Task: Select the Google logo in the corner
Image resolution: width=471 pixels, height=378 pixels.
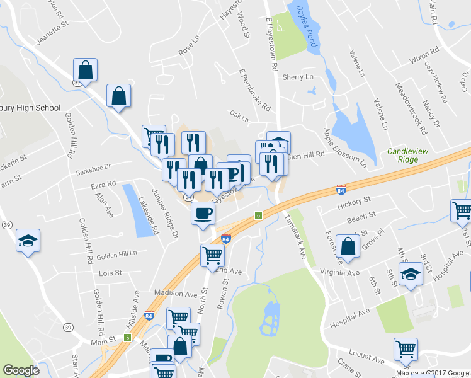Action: [x=21, y=370]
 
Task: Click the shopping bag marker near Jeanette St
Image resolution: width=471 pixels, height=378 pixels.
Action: [x=86, y=71]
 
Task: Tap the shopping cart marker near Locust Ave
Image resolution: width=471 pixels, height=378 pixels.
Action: [x=406, y=350]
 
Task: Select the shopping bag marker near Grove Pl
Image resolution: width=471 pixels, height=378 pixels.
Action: [x=348, y=247]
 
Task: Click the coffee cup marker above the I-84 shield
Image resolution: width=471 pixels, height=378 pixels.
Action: [x=203, y=214]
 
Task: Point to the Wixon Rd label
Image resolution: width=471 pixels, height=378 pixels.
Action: [x=423, y=60]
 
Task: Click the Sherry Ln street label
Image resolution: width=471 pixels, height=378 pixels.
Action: [x=297, y=77]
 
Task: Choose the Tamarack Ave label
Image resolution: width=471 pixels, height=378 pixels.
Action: [x=294, y=234]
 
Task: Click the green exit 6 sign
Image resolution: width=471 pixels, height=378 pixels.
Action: [x=258, y=215]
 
